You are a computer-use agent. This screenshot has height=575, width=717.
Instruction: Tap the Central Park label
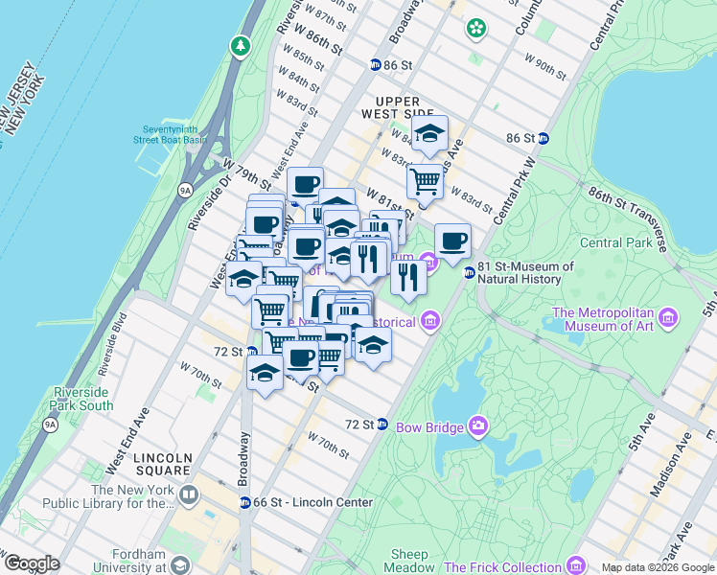tap(615, 242)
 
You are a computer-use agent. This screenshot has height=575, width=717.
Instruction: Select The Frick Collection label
tap(502, 567)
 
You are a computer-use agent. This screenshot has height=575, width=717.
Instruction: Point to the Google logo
tap(32, 563)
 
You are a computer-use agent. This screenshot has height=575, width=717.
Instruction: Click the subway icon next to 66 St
tap(244, 502)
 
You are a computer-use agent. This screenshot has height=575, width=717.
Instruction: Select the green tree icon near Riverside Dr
tap(240, 45)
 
